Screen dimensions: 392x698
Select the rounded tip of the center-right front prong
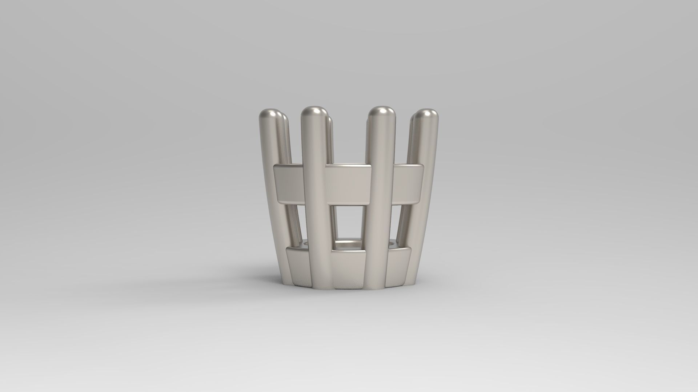point(381,113)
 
